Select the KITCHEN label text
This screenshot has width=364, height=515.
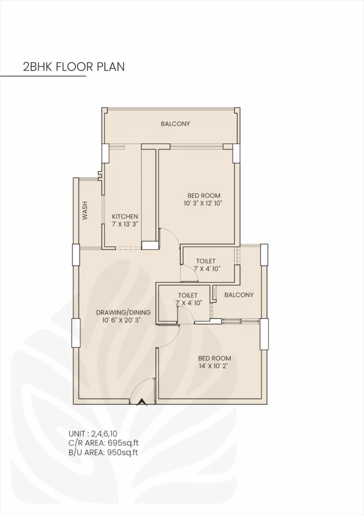(125, 216)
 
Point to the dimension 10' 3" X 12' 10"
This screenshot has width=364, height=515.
(203, 203)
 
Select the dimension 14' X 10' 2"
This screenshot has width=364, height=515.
(214, 366)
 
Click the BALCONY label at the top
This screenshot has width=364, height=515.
(175, 124)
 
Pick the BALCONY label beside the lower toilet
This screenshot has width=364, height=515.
(239, 295)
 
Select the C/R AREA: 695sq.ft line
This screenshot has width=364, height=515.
(104, 443)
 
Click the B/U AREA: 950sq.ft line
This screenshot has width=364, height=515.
(104, 452)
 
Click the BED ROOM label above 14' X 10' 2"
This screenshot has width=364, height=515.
(214, 358)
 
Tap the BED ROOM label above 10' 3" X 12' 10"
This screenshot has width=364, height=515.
(203, 195)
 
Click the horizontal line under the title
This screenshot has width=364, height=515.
(43, 76)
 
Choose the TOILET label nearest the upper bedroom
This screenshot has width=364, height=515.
(206, 261)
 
